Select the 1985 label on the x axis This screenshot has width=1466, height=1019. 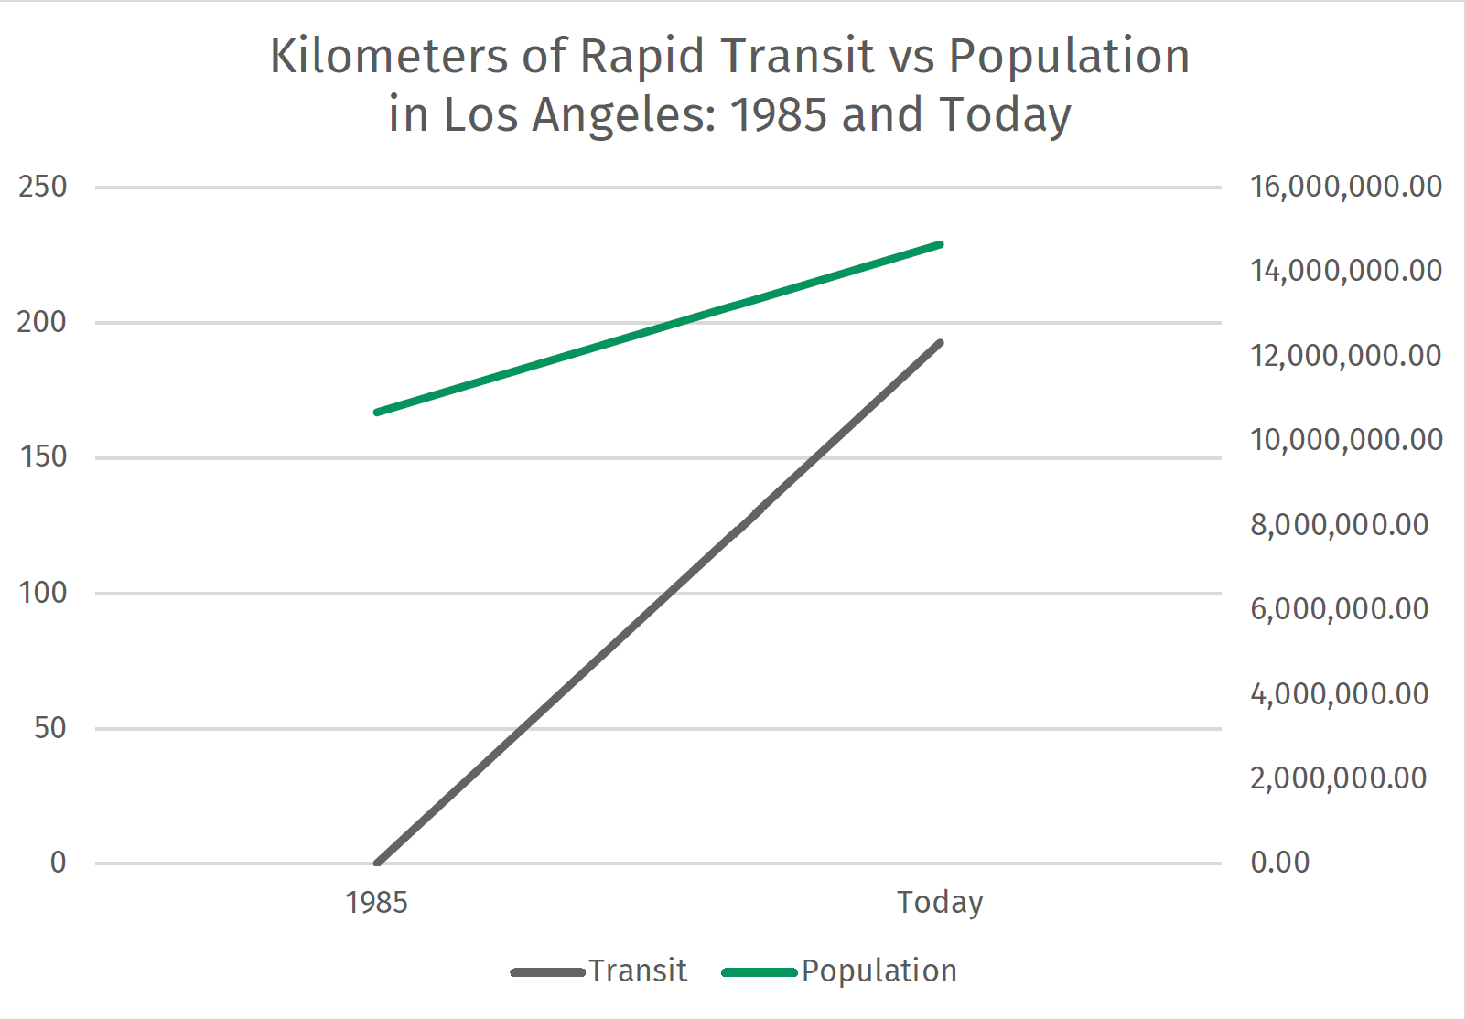(x=376, y=903)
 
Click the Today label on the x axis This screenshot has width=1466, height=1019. (x=940, y=902)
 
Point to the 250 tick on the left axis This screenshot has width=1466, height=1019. (x=43, y=187)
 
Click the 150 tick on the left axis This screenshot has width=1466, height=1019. (x=43, y=456)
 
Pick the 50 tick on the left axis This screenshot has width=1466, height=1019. (x=49, y=728)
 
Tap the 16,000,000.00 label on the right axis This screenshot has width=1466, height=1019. (x=1345, y=187)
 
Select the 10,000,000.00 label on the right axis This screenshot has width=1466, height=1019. (x=1345, y=440)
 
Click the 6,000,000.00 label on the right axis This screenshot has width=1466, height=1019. (x=1339, y=609)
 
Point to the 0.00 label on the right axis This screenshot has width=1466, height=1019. (x=1279, y=862)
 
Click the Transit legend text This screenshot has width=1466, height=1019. (x=637, y=971)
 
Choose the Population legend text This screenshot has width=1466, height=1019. (x=879, y=971)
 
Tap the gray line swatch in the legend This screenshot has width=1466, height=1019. (x=547, y=972)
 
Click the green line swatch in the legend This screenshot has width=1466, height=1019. (x=759, y=972)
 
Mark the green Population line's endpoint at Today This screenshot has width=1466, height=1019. (x=940, y=245)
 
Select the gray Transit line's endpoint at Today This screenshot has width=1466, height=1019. (x=940, y=343)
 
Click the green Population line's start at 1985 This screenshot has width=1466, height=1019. (x=377, y=413)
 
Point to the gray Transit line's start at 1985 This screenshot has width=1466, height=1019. (x=377, y=863)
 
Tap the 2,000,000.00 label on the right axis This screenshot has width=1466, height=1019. (x=1338, y=778)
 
